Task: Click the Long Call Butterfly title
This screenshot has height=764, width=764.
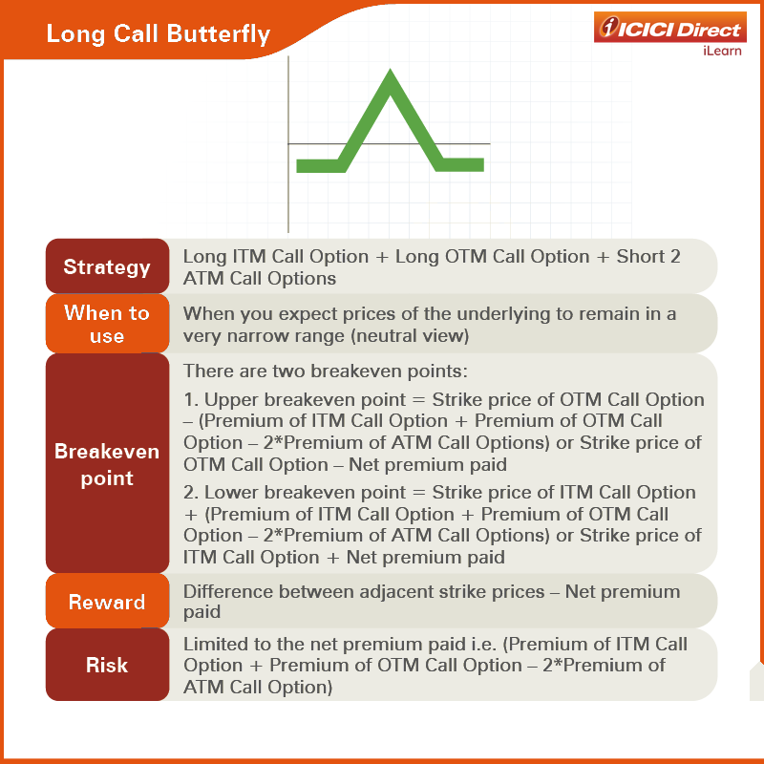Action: (158, 34)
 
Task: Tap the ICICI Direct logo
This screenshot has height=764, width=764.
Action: (670, 28)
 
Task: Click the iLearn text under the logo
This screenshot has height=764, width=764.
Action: (722, 51)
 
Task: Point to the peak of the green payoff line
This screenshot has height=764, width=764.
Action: (390, 71)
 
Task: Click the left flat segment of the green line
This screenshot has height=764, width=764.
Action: (319, 165)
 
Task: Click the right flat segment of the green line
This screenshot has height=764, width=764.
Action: (460, 165)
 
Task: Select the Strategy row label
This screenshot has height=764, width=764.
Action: (107, 267)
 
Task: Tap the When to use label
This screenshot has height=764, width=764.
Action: (107, 324)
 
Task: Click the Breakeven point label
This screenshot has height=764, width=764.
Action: (107, 464)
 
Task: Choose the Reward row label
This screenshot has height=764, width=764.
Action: (107, 603)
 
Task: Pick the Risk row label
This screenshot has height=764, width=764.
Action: (107, 665)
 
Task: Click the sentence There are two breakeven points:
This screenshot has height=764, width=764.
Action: (325, 371)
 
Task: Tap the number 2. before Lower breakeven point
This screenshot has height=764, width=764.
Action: (191, 492)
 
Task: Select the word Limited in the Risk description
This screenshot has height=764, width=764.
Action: (212, 644)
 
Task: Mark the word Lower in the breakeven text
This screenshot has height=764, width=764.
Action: (231, 492)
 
